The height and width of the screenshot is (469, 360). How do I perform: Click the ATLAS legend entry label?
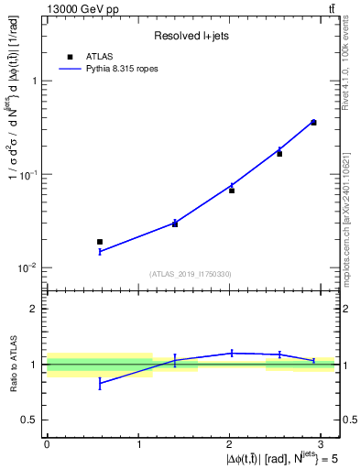coord(99,56)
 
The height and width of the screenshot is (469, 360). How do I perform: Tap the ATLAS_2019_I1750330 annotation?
coord(191,273)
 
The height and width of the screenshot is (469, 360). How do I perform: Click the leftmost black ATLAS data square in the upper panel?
coord(100,242)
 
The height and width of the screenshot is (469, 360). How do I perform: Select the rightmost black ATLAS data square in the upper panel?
coord(313,122)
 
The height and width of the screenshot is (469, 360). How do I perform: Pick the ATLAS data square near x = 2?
coord(232,190)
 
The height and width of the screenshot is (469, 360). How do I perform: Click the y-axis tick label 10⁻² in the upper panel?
coord(27,267)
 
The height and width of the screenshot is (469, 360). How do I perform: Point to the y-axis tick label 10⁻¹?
coord(27,174)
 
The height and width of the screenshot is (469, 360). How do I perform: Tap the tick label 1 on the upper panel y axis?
coord(33,81)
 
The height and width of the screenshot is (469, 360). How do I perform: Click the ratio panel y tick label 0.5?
coord(29,420)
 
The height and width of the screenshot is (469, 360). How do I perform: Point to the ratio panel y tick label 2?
coord(33,309)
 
